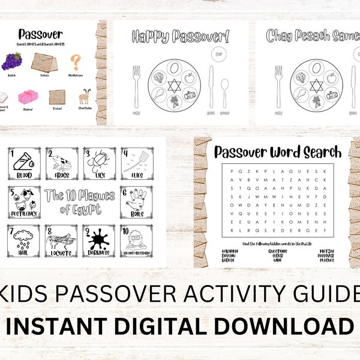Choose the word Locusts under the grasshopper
60,255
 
